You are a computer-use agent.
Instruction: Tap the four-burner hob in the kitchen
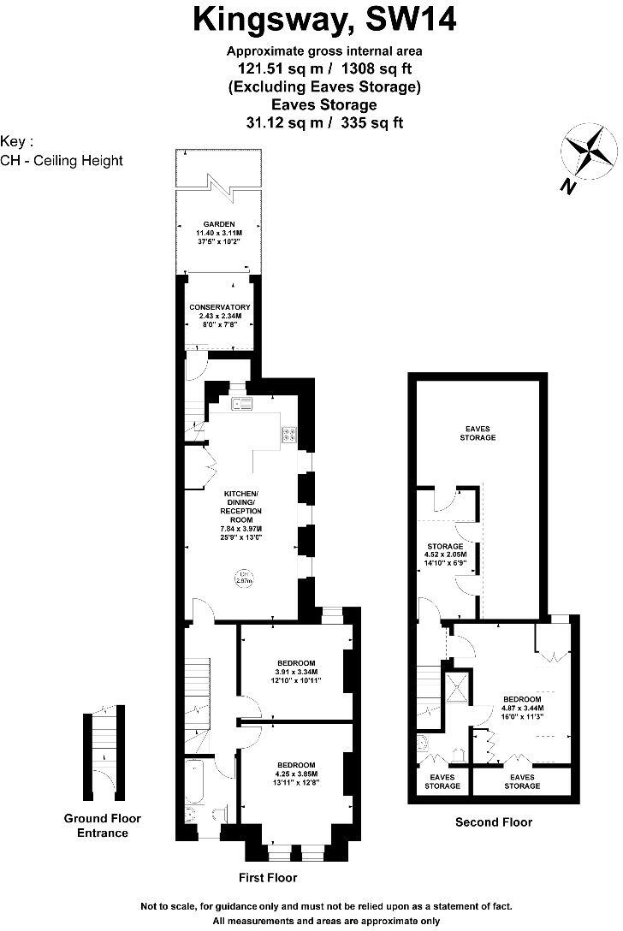pyautogui.click(x=289, y=434)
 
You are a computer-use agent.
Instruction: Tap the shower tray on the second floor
pyautogui.click(x=458, y=687)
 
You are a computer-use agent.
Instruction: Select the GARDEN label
pyautogui.click(x=219, y=223)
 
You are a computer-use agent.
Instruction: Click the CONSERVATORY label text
pyautogui.click(x=220, y=307)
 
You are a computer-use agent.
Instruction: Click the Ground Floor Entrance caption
pyautogui.click(x=103, y=825)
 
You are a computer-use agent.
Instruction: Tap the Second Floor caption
pyautogui.click(x=494, y=821)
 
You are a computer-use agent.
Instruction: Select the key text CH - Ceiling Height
pyautogui.click(x=62, y=160)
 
